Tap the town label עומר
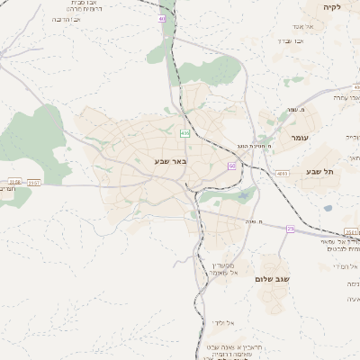(x=300, y=138)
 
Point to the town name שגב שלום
(x=276, y=268)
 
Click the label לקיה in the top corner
(x=334, y=7)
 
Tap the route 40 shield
(x=161, y=18)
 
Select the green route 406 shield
(x=184, y=133)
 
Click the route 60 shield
(x=232, y=166)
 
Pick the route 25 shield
(x=290, y=229)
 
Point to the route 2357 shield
(x=34, y=182)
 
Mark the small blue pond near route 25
(x=328, y=209)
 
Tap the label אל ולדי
(x=223, y=322)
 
